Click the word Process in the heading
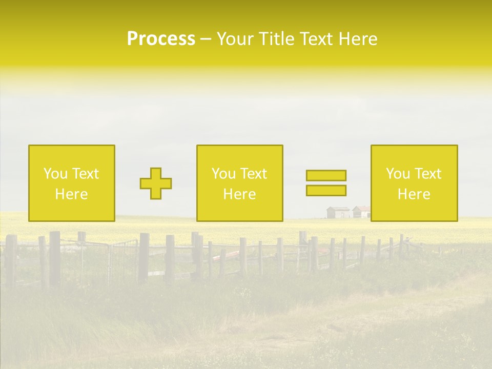point(161,39)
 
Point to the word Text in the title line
point(317,39)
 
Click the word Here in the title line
point(358,39)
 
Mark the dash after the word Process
point(206,40)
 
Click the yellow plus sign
point(156,183)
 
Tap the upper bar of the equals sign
point(326,176)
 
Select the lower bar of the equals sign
point(326,190)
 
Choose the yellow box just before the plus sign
point(72,183)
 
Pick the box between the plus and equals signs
point(239,183)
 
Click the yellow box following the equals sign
point(414,183)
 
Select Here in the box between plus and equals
point(239,194)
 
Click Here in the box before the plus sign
point(72,194)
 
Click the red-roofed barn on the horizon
point(361,212)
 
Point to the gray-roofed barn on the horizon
point(338,212)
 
